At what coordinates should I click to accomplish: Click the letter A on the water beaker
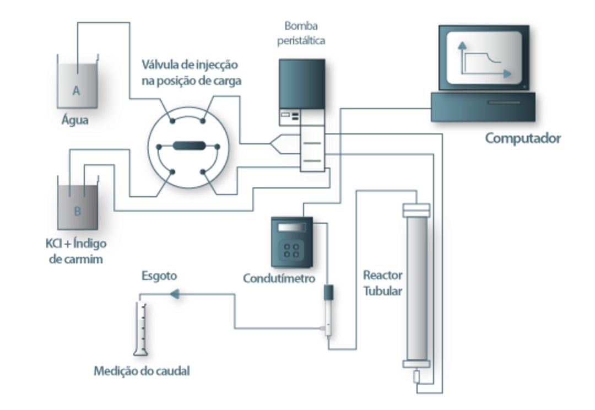[x=76, y=90]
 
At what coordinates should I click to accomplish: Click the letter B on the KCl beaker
[x=77, y=211]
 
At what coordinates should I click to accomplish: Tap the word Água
[x=75, y=120]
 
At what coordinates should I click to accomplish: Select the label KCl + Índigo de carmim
[x=76, y=251]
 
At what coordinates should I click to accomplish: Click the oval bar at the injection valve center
[x=188, y=146]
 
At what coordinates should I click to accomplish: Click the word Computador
[x=522, y=138]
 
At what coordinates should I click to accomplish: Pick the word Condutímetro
[x=279, y=278]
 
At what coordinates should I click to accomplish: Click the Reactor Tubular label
[x=382, y=282]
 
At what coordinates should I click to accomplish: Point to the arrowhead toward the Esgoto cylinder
[x=175, y=294]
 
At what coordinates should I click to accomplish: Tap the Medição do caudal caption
[x=141, y=371]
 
